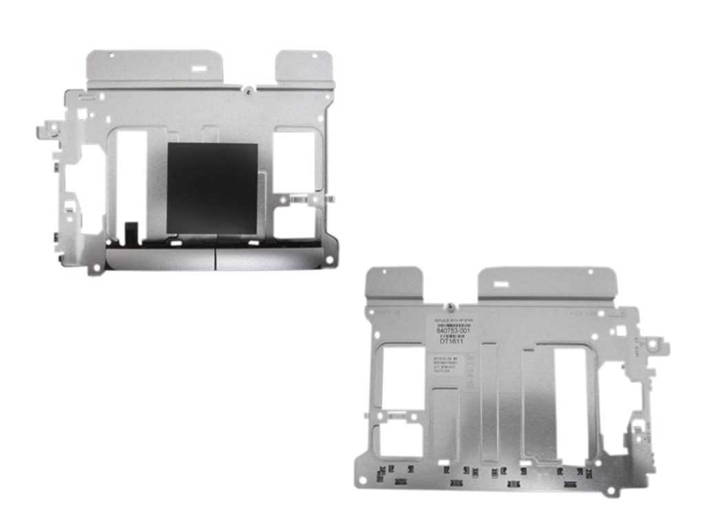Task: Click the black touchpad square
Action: (x=212, y=188)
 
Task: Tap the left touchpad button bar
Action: (x=160, y=259)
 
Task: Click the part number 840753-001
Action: (x=455, y=331)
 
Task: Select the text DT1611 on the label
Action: (x=452, y=341)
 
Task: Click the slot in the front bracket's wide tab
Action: (x=196, y=70)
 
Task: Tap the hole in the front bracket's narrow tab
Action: (x=313, y=56)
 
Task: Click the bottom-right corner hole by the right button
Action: (x=329, y=260)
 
